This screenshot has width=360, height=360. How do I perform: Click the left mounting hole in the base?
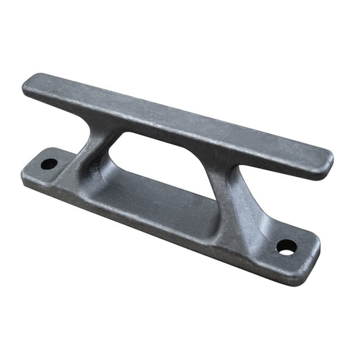pos(49,163)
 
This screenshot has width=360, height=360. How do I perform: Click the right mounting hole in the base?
pos(286,247)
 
